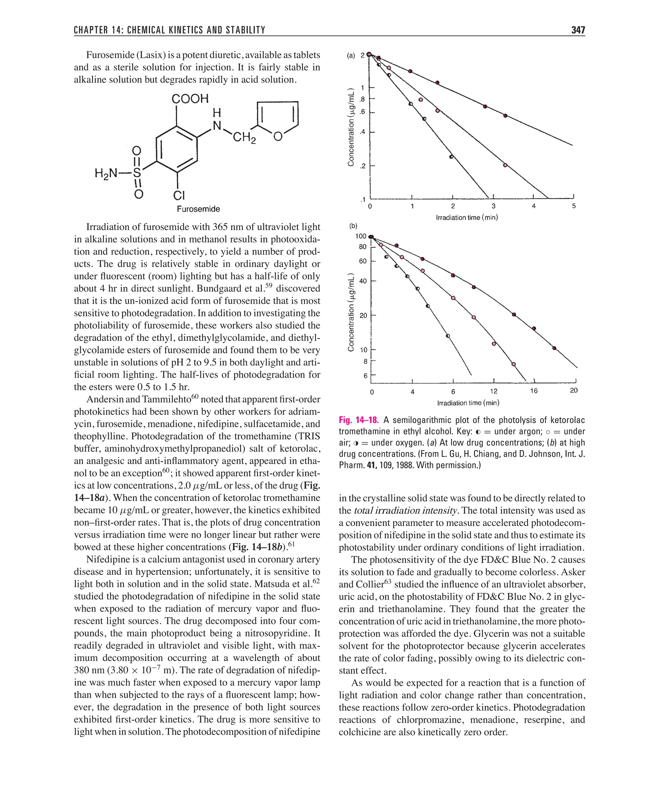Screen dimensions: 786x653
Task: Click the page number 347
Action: click(x=578, y=30)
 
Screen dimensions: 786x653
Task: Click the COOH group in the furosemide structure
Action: click(x=190, y=99)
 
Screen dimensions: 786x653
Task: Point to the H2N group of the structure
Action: click(x=106, y=173)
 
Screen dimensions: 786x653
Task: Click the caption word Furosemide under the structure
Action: click(x=198, y=209)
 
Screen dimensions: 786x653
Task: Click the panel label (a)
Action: click(x=351, y=56)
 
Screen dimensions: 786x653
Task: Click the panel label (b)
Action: click(x=353, y=226)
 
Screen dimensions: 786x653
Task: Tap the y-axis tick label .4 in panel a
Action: click(x=362, y=132)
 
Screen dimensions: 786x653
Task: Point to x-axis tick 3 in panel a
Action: click(x=493, y=206)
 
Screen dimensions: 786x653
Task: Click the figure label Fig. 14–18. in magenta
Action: click(x=358, y=420)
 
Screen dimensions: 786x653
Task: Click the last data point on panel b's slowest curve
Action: click(x=554, y=348)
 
